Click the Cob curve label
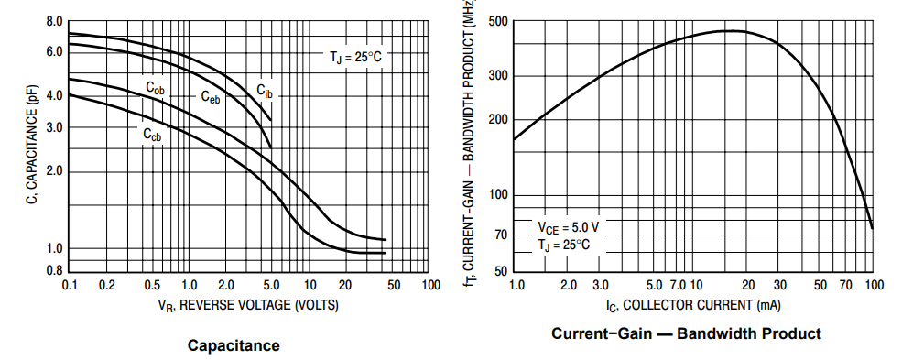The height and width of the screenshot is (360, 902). tap(155, 88)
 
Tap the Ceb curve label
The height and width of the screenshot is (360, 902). tap(211, 97)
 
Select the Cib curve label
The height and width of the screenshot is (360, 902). tap(264, 89)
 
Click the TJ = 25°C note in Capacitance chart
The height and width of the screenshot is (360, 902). tap(354, 57)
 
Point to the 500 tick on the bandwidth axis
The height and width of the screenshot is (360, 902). tap(497, 22)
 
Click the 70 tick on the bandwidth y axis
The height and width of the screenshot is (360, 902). tap(501, 235)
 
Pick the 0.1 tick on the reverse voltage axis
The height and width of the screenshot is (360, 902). tap(70, 286)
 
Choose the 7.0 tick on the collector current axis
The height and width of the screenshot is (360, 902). tap(678, 286)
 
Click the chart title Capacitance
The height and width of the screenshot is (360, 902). tap(234, 345)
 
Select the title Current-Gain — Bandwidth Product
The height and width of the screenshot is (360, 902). tap(686, 333)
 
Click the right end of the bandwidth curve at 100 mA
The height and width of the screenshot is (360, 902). tap(872, 228)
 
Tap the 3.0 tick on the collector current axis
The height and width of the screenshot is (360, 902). tap(601, 286)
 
